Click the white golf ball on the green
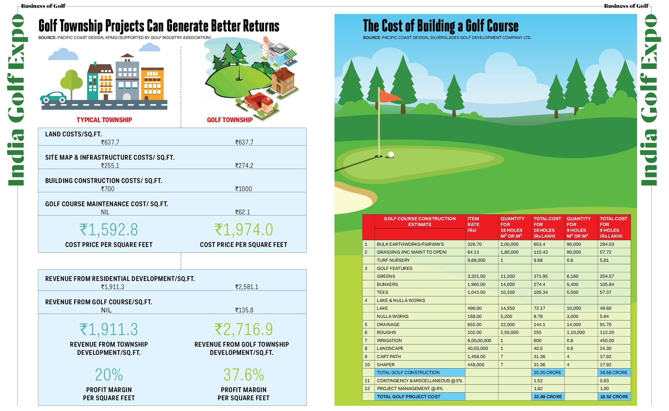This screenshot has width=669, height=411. click(x=391, y=154)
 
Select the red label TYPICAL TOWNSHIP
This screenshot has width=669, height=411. click(x=104, y=120)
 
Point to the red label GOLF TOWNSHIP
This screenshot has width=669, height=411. click(x=230, y=120)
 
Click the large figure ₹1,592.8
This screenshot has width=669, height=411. click(x=109, y=230)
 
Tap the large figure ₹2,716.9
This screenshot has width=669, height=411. click(x=244, y=330)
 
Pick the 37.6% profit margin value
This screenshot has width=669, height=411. click(x=244, y=375)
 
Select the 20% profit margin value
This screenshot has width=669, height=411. click(x=109, y=375)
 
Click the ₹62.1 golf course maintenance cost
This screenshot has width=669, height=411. click(x=242, y=212)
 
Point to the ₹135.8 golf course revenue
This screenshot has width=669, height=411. click(x=244, y=310)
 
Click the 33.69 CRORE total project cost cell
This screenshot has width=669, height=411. click(x=548, y=396)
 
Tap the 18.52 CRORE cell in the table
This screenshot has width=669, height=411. click(x=614, y=396)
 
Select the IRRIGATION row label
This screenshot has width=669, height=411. click(x=389, y=340)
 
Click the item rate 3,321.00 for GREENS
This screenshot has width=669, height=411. click(x=476, y=276)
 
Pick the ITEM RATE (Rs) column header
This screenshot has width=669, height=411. click(x=473, y=224)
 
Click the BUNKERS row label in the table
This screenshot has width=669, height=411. click(x=387, y=284)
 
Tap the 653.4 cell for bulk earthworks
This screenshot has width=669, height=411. click(x=539, y=244)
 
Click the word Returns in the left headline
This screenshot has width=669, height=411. click(x=261, y=26)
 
